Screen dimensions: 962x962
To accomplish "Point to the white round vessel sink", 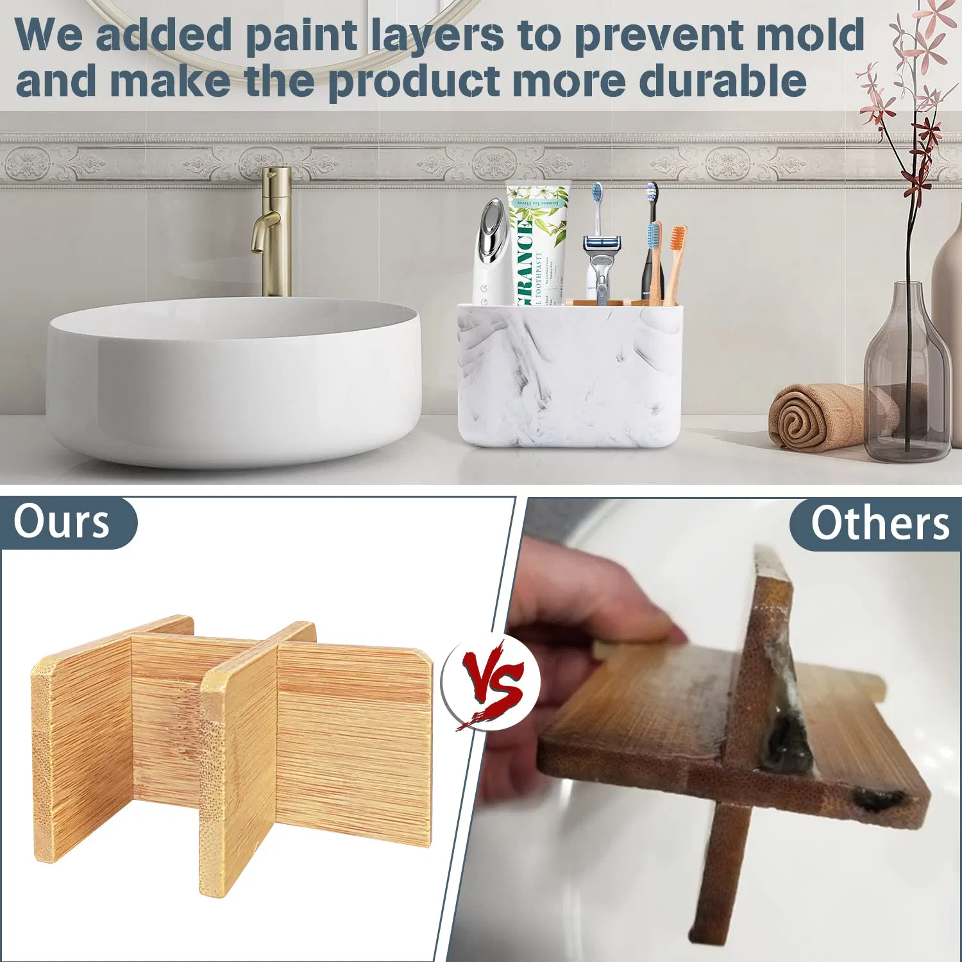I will click(233, 378).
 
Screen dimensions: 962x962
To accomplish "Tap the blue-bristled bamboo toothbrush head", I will click(654, 236).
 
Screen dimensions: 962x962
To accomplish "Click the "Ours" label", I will click(62, 522).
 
